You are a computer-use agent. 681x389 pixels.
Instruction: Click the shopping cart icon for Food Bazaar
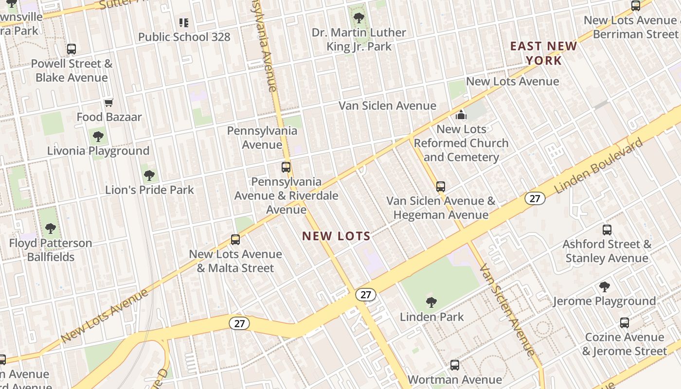[109, 103]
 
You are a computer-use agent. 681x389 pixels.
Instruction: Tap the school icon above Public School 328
[183, 22]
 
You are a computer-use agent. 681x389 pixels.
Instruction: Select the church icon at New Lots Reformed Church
[461, 115]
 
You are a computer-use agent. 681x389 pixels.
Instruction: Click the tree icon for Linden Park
[431, 302]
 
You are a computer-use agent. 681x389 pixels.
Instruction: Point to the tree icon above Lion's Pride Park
[149, 175]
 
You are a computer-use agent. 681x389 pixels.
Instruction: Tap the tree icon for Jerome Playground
[605, 287]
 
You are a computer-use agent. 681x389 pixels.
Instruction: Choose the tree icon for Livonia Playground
[98, 136]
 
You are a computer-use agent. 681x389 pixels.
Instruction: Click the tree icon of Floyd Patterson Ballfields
[51, 228]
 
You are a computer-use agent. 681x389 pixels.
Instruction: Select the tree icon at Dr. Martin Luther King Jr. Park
[359, 18]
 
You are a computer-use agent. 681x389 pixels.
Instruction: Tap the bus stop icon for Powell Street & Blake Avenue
[72, 49]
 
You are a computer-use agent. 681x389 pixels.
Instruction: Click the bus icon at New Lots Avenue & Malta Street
[235, 239]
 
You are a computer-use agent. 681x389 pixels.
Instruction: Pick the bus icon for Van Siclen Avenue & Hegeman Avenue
[441, 186]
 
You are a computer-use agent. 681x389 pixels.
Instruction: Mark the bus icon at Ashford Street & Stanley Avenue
[607, 230]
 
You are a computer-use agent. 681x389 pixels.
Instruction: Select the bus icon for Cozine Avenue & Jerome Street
[625, 322]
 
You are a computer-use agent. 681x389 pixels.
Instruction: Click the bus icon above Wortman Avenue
[455, 365]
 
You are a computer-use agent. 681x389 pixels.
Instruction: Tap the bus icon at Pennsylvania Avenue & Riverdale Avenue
[286, 167]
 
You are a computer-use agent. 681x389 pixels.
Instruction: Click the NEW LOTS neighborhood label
[336, 236]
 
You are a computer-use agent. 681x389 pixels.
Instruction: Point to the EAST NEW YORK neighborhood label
[543, 53]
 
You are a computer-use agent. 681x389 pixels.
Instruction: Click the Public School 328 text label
[184, 37]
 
